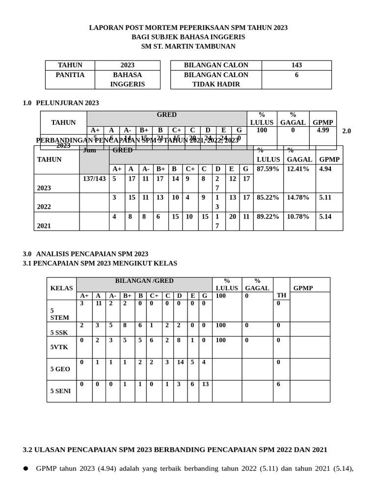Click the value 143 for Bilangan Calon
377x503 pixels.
coord(296,65)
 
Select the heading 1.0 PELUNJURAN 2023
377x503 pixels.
coord(61,103)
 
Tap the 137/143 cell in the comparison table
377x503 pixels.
coord(94,179)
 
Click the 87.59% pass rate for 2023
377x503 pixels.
coord(268,169)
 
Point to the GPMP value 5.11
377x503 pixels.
coord(325,197)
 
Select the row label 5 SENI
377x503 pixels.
coord(60,391)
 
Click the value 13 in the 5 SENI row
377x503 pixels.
coord(205,384)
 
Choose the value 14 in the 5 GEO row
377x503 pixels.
coord(180,362)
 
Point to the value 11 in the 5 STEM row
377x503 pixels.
coord(99,304)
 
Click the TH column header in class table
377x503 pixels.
coord(281,295)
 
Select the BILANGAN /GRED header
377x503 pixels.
coord(144,281)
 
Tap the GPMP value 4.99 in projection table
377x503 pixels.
coord(323,130)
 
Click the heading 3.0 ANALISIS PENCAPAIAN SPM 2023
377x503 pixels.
coord(85,254)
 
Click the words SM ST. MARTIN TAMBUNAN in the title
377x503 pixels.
coord(188,46)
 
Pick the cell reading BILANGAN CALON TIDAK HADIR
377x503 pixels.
coord(216,80)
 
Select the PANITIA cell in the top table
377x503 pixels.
coord(70,75)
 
